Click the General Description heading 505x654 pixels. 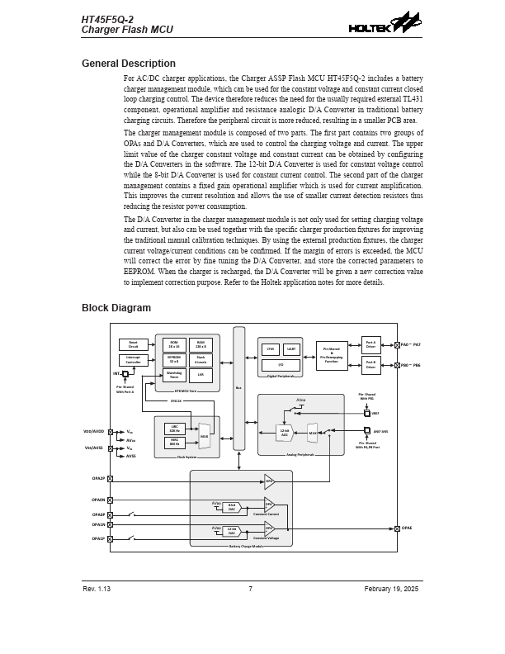click(x=128, y=64)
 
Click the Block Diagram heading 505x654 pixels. click(x=116, y=308)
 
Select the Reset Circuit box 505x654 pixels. click(x=134, y=344)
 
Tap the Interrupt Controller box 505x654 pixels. click(x=134, y=360)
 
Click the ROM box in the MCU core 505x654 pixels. click(x=174, y=344)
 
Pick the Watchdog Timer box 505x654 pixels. click(x=174, y=375)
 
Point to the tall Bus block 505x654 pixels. click(x=239, y=388)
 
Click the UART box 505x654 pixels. click(x=291, y=349)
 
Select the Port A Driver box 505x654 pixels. click(x=370, y=344)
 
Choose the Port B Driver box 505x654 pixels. click(x=370, y=364)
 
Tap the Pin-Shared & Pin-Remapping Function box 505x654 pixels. click(x=332, y=356)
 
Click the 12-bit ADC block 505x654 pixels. click(x=285, y=432)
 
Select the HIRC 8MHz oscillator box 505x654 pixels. click(x=175, y=443)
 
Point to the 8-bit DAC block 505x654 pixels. click(x=232, y=507)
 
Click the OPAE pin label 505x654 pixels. click(x=407, y=528)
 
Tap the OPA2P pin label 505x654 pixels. click(x=98, y=478)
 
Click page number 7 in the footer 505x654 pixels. click(x=250, y=589)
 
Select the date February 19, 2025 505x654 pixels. click(x=391, y=589)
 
